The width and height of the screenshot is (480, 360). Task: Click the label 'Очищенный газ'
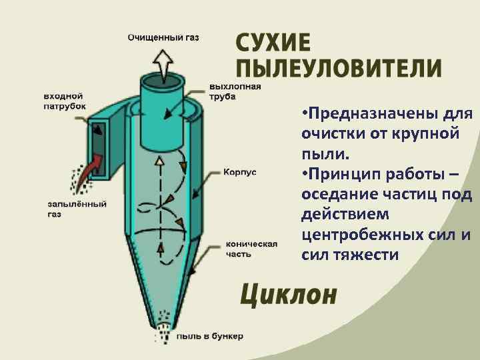pyautogui.click(x=163, y=37)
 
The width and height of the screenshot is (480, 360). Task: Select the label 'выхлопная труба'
pyautogui.click(x=235, y=91)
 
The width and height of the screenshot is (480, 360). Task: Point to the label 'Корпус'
pyautogui.click(x=238, y=172)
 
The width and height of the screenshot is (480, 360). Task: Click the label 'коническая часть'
pyautogui.click(x=251, y=249)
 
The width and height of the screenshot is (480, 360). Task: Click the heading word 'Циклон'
pyautogui.click(x=289, y=294)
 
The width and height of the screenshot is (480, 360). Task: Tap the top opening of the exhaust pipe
pyautogui.click(x=161, y=81)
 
